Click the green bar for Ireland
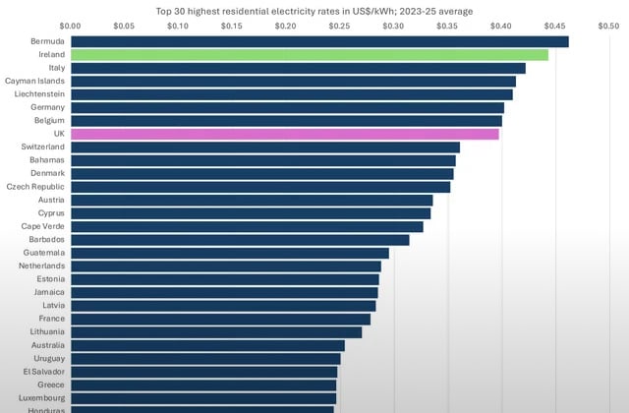click(x=310, y=55)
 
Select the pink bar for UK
click(x=285, y=134)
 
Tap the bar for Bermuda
click(x=319, y=41)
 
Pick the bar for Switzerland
click(x=265, y=147)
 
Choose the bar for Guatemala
click(x=230, y=253)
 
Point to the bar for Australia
click(x=207, y=345)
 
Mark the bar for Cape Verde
click(x=247, y=226)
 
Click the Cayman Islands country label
click(x=35, y=81)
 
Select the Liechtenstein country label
click(x=37, y=94)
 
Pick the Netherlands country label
click(x=40, y=265)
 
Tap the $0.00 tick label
click(x=71, y=26)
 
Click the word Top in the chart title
click(x=164, y=10)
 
